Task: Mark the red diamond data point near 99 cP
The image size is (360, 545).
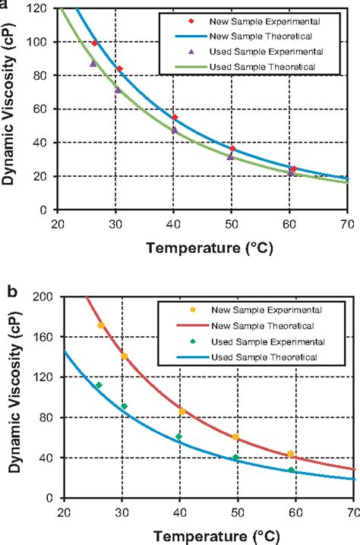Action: (x=95, y=43)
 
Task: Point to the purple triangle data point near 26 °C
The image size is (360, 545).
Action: (x=93, y=64)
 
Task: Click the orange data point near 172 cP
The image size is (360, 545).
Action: (x=101, y=326)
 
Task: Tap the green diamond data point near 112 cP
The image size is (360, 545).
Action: (x=99, y=386)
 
